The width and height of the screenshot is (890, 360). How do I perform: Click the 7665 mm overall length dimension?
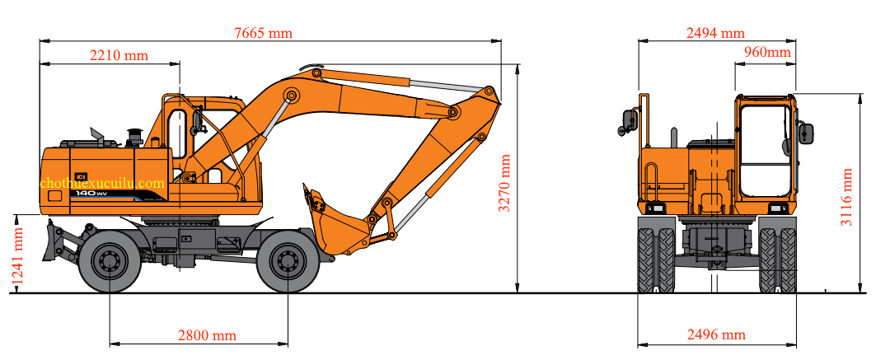point(263,33)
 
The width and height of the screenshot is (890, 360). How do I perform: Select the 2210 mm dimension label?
point(119,55)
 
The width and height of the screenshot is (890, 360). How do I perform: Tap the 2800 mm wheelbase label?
point(207,335)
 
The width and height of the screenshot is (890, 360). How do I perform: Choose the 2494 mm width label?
point(714,33)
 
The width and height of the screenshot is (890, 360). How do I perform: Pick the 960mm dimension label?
point(766,53)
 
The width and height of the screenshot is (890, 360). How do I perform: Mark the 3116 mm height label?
point(846,199)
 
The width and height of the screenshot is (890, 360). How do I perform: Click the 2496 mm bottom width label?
point(715,334)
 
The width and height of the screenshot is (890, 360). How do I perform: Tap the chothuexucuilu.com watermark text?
point(102,183)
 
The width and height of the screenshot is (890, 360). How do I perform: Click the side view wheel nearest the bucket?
point(288,261)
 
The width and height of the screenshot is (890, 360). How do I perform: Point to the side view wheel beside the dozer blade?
point(110,261)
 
